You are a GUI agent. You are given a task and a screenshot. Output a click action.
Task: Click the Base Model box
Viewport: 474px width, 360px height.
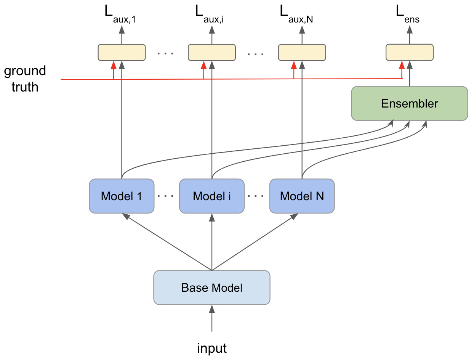pyautogui.click(x=211, y=288)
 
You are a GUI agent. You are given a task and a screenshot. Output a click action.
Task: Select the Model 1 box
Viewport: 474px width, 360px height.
pyautogui.click(x=122, y=196)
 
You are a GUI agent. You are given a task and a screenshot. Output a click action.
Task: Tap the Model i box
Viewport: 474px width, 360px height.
pyautogui.click(x=211, y=196)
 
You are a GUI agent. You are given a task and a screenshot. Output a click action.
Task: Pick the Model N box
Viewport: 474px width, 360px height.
pyautogui.click(x=302, y=196)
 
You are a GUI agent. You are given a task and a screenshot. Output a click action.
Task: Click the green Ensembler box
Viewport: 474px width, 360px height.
pyautogui.click(x=409, y=103)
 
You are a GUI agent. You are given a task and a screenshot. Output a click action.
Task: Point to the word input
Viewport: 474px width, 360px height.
pyautogui.click(x=212, y=348)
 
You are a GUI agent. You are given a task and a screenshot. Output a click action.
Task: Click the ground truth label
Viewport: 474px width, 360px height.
pyautogui.click(x=25, y=79)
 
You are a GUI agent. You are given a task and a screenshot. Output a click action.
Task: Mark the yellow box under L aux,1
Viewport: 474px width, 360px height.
pyautogui.click(x=122, y=52)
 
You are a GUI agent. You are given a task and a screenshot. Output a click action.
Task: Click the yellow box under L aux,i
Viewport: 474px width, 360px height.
pyautogui.click(x=211, y=52)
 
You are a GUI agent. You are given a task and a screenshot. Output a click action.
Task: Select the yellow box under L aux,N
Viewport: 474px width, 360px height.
pyautogui.click(x=302, y=52)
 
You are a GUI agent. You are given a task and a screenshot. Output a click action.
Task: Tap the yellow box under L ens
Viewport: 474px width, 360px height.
pyautogui.click(x=409, y=52)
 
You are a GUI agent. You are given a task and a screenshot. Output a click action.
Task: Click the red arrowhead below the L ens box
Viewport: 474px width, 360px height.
pyautogui.click(x=401, y=66)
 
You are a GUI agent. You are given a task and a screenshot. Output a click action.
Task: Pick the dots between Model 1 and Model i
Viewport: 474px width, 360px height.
pyautogui.click(x=167, y=196)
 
